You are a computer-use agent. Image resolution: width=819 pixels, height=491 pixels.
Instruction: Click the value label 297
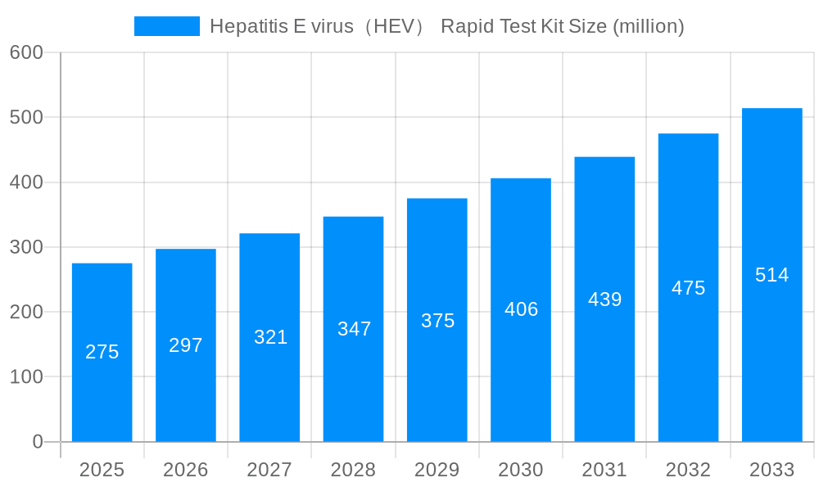pos(186,345)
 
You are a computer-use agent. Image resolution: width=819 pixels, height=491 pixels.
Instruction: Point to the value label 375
pos(437,321)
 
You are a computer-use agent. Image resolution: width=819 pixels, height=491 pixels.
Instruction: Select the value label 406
pos(521,309)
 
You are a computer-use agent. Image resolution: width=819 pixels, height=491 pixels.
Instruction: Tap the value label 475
pos(688,288)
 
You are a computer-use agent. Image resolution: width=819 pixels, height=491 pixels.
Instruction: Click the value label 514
pos(771,275)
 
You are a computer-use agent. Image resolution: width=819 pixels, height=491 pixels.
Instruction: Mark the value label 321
pos(270,337)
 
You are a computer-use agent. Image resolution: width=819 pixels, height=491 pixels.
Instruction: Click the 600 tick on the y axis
pos(26,52)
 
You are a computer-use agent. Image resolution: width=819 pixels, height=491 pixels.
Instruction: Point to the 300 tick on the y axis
pos(26,247)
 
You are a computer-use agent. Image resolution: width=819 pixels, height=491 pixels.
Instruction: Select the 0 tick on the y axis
pos(38,442)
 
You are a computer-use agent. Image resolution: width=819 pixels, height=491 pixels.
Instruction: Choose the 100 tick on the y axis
pos(26,377)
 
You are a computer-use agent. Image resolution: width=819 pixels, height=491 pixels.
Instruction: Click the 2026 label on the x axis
pos(186,470)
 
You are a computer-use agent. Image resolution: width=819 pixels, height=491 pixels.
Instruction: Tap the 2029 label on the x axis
pos(437,470)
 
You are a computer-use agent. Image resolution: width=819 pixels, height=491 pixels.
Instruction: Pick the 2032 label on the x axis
pos(688,470)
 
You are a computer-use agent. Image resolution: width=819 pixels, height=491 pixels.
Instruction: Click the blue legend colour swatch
pos(167,26)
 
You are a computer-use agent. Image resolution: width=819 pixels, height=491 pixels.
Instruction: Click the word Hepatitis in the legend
pos(243,26)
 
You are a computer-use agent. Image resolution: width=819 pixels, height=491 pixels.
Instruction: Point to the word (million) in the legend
pos(649,26)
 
